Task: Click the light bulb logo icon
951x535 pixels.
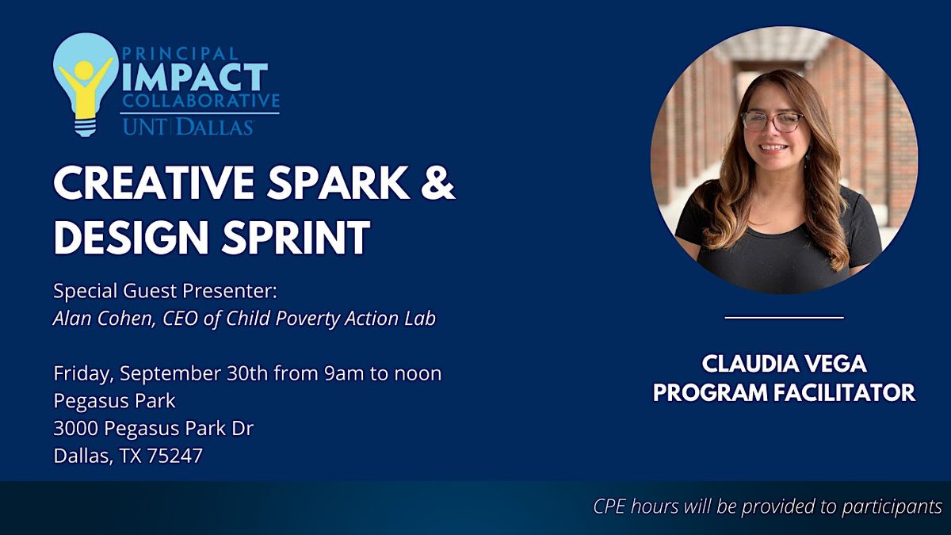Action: (86, 84)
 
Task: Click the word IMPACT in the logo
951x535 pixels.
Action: (195, 77)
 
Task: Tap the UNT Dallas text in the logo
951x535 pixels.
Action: (187, 126)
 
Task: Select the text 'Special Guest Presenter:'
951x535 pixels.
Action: (165, 291)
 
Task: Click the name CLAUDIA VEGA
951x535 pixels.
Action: (784, 364)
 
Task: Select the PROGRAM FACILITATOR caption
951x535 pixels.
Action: (784, 392)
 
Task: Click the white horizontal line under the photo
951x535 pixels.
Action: (784, 318)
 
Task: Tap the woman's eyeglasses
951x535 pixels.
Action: (771, 120)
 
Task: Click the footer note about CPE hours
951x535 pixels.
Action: (767, 506)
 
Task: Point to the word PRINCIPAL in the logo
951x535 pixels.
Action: (180, 54)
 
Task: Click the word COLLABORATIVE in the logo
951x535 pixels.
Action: (201, 101)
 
